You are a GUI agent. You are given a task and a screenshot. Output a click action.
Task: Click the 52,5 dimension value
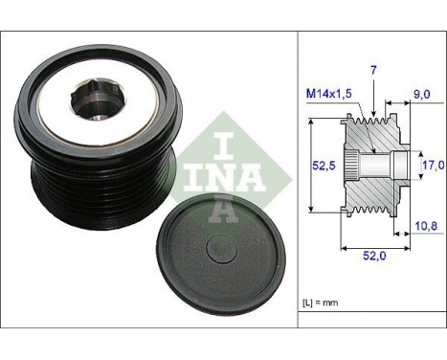324,166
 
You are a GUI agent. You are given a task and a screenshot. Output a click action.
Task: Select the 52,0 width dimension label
374,256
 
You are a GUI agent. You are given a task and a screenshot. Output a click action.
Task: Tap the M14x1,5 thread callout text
328,94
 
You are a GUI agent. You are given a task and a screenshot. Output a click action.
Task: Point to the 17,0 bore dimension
434,165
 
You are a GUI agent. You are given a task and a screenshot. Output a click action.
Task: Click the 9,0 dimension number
421,94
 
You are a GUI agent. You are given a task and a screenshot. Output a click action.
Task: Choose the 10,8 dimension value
426,226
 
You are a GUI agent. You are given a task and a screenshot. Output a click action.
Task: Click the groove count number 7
373,70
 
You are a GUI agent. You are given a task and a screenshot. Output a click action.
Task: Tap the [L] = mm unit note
320,303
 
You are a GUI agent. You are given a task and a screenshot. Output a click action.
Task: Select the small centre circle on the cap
221,249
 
